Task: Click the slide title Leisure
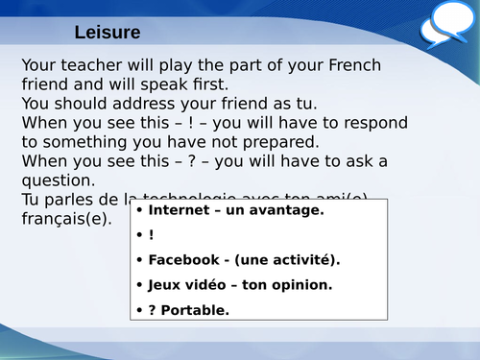click(x=108, y=33)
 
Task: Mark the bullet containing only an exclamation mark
click(x=151, y=235)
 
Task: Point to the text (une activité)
click(x=288, y=260)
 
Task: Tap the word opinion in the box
click(x=300, y=285)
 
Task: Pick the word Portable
click(x=197, y=309)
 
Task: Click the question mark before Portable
click(x=153, y=309)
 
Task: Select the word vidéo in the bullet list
click(x=205, y=285)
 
